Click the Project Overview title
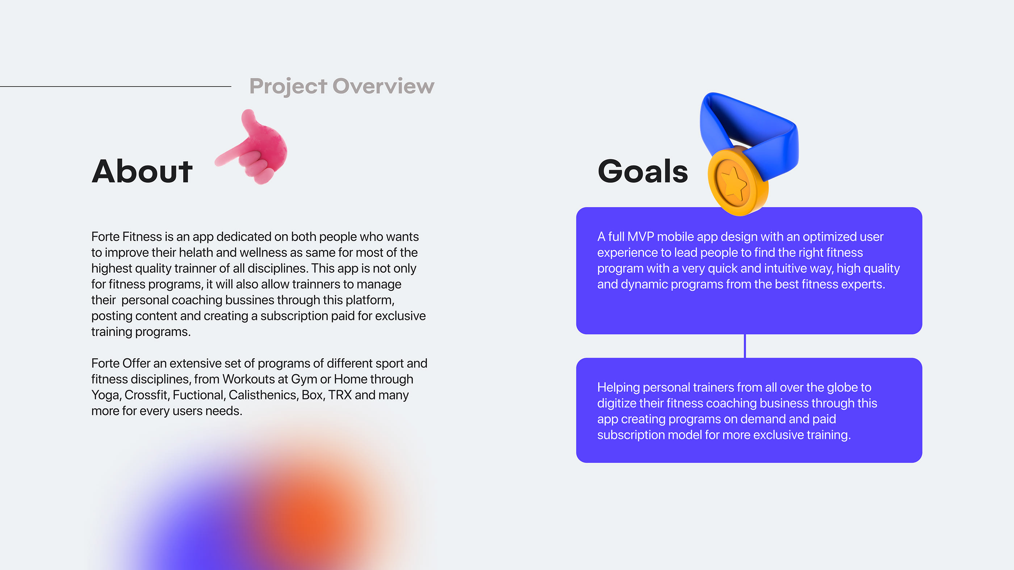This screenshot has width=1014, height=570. [342, 86]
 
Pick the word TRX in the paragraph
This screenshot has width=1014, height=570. [340, 395]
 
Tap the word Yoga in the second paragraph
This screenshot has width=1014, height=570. [105, 395]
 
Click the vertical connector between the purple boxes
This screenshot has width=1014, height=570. [745, 346]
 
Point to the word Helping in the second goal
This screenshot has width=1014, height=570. [619, 388]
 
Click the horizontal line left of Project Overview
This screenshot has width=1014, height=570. [115, 86]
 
